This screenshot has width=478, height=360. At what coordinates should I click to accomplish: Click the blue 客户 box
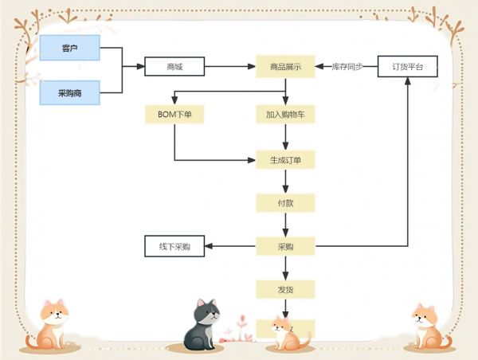(x=70, y=48)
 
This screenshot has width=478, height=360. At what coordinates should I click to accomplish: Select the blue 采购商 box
(x=70, y=92)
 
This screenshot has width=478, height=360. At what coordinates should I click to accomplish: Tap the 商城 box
(x=174, y=67)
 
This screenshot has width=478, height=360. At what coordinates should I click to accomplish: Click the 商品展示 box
(x=285, y=67)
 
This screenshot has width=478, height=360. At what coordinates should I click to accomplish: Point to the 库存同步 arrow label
(x=347, y=67)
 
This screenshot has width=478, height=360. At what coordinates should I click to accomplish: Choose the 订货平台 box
(x=407, y=67)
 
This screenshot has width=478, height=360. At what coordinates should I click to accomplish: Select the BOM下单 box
(x=174, y=115)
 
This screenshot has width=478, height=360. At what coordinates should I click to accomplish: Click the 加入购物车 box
(x=285, y=115)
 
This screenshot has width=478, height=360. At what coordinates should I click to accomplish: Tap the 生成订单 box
(x=285, y=160)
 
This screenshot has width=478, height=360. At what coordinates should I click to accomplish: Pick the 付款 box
(x=285, y=203)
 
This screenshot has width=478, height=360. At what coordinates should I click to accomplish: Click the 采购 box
(x=285, y=247)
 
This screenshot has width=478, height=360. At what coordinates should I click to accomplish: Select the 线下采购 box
(x=174, y=247)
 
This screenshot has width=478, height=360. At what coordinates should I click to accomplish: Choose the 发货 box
(x=285, y=288)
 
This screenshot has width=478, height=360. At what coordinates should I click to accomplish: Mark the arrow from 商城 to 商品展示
(x=229, y=67)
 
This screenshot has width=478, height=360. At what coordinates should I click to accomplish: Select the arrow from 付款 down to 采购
(x=285, y=225)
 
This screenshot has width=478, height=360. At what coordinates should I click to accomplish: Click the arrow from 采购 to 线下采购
(x=231, y=247)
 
